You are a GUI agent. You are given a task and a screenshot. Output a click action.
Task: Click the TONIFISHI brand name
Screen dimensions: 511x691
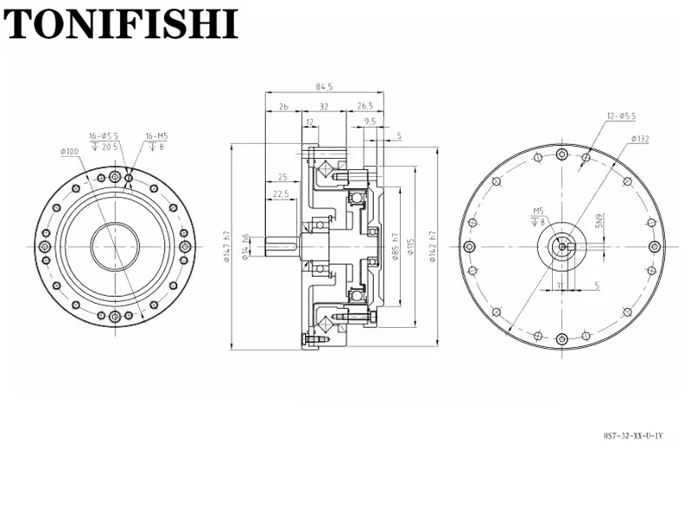(x=120, y=23)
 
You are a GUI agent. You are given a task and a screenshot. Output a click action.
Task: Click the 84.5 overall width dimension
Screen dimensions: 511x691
(x=324, y=86)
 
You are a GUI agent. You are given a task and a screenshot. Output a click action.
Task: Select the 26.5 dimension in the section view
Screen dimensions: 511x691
(x=364, y=107)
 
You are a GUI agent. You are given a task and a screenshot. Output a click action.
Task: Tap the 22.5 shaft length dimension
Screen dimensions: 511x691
(x=280, y=194)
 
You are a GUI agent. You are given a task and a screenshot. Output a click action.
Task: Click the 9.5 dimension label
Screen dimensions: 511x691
(x=370, y=123)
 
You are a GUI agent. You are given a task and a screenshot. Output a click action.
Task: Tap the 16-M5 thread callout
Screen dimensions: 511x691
(x=155, y=136)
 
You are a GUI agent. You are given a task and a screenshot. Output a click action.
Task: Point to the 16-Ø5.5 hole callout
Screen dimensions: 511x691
(x=105, y=136)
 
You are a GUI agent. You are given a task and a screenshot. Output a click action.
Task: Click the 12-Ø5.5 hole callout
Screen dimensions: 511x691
(x=621, y=116)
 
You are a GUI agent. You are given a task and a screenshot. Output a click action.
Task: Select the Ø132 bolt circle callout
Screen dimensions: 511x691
(x=640, y=138)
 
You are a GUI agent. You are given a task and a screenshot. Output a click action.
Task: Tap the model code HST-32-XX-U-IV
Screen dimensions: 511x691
(x=632, y=437)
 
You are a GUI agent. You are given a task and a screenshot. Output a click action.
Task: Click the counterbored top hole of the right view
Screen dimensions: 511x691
(x=563, y=155)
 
